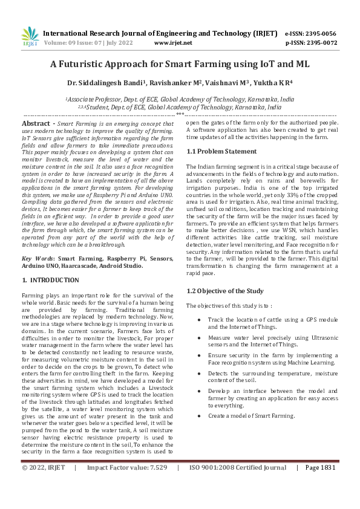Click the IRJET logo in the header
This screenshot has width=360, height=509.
tap(30, 37)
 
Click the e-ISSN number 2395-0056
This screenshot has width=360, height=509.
tap(318, 33)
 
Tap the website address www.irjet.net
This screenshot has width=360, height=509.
tap(173, 43)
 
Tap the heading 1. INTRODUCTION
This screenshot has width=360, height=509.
tap(50, 280)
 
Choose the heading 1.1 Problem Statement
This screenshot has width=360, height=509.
tap(218, 151)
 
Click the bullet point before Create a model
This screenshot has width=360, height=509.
tap(200, 416)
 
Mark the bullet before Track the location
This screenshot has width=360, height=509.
tap(200, 319)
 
